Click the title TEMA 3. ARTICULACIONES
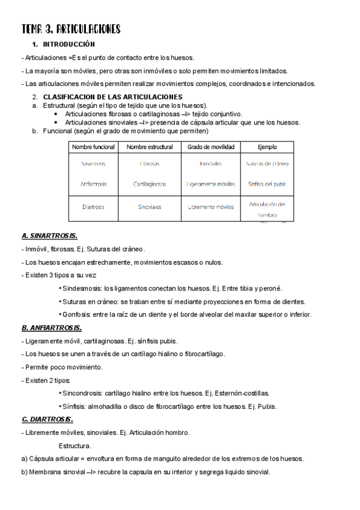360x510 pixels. pos(71,29)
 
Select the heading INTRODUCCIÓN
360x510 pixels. pos(69,45)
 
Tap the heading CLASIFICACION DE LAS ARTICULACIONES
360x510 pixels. pos(113,97)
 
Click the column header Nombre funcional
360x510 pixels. pos(93,147)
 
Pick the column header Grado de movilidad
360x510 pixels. pos(210,147)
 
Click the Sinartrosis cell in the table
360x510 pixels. pos(93,164)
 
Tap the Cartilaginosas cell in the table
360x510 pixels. pos(150,184)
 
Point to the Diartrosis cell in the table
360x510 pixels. pos(93,207)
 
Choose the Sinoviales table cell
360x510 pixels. pos(150,207)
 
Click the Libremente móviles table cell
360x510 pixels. pos(210,207)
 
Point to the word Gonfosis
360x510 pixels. pos(76,315)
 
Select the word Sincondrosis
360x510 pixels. pos(82,393)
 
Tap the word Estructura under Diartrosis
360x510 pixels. pos(75,446)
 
